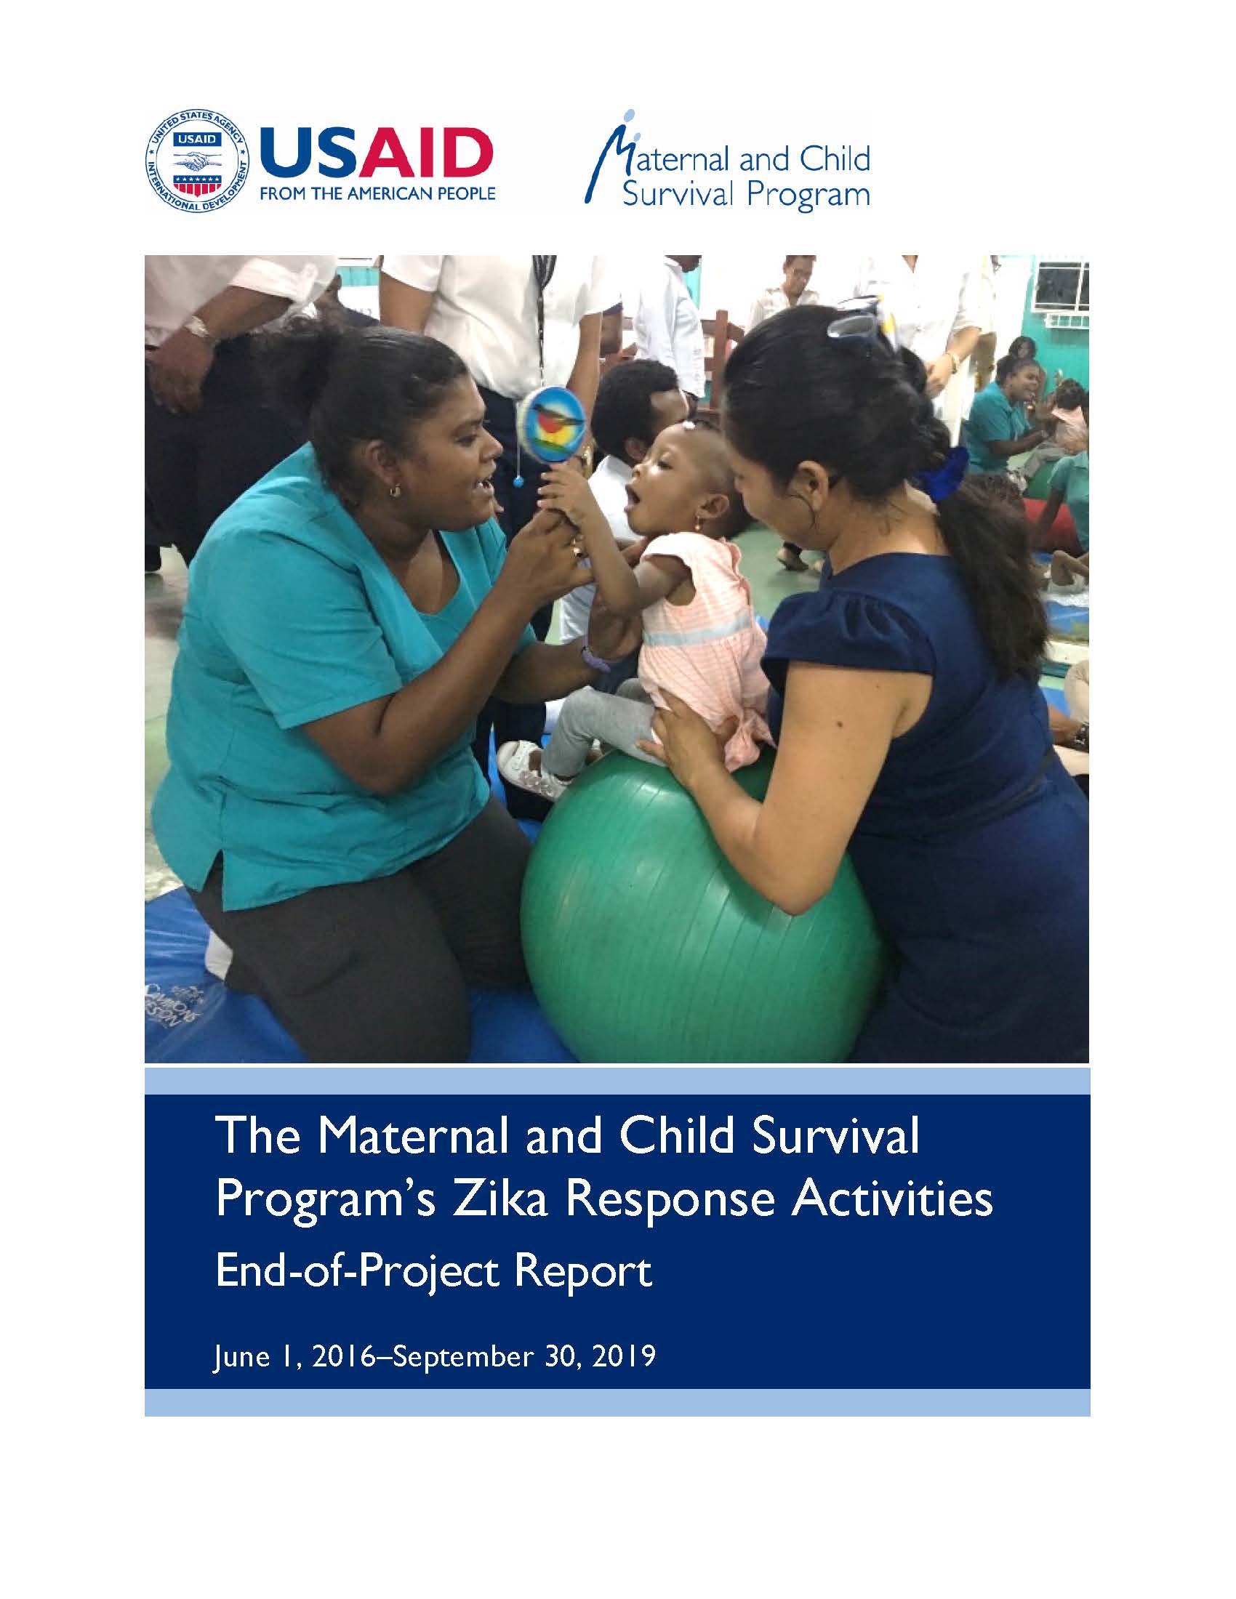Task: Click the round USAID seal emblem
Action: click(198, 162)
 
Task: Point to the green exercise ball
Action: click(701, 909)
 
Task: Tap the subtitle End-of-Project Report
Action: click(433, 1271)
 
